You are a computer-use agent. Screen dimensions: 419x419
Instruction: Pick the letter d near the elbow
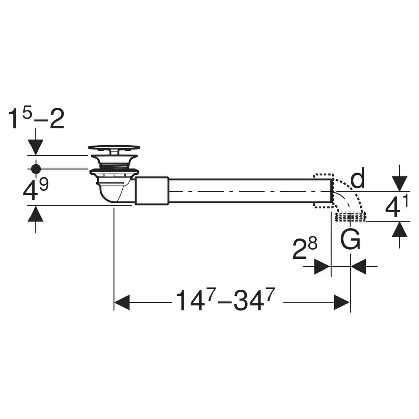(x=358, y=178)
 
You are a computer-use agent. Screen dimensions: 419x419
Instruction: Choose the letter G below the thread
(x=350, y=239)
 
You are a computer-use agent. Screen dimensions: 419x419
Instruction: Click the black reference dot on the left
(x=36, y=169)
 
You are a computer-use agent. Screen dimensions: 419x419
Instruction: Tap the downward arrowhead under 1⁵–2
(x=36, y=147)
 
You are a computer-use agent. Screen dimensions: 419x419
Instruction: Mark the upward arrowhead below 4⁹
(x=36, y=214)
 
